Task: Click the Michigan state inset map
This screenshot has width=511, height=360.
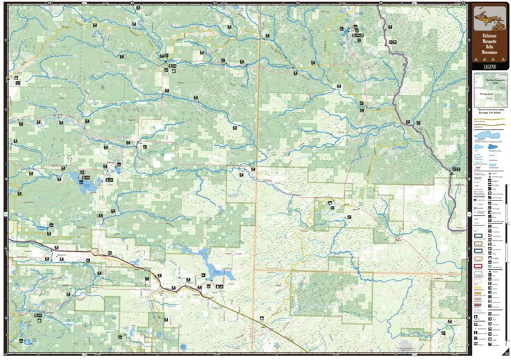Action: pos(489,17)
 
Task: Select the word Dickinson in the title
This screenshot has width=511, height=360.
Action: pos(489,35)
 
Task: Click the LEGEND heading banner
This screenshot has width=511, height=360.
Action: pos(489,66)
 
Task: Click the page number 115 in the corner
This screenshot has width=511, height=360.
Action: pos(505,354)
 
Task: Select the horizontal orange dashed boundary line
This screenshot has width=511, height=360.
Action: pos(347,268)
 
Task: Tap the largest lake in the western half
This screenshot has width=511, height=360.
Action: pos(85,184)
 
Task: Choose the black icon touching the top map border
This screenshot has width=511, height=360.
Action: pos(138,7)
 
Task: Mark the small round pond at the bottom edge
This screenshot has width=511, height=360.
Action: pos(183,346)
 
